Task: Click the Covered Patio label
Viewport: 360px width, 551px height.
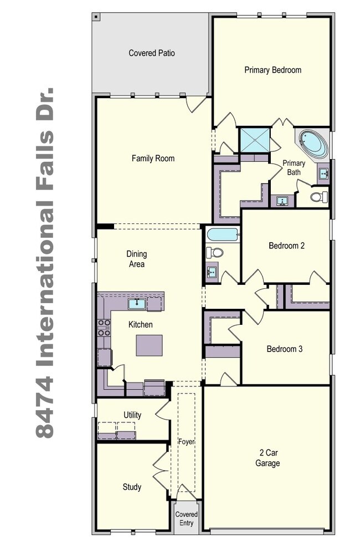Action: (x=152, y=53)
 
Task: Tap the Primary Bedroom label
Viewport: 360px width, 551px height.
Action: (x=273, y=70)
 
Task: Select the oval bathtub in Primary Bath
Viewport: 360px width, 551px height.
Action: (x=313, y=144)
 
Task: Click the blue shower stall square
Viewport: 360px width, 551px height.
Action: (x=255, y=140)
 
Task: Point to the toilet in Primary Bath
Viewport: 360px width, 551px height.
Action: (x=319, y=197)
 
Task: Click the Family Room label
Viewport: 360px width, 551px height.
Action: (x=153, y=159)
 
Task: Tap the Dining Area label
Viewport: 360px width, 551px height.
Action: (x=137, y=259)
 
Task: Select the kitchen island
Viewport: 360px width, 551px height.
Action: (x=150, y=345)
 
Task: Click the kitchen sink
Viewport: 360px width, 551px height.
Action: (x=137, y=304)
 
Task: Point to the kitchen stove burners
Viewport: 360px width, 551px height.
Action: (x=104, y=328)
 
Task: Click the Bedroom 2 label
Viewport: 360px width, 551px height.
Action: (x=286, y=246)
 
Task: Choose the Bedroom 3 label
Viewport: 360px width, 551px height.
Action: (x=285, y=349)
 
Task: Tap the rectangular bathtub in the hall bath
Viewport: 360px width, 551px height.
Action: (x=223, y=234)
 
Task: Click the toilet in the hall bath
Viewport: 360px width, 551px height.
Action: (x=214, y=252)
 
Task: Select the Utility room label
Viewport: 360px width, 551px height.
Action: (x=132, y=415)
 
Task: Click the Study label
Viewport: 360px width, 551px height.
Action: (x=132, y=487)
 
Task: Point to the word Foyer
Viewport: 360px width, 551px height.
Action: (x=186, y=442)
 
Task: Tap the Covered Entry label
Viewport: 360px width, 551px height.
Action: (x=187, y=519)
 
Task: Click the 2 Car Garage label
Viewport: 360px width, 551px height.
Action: (x=268, y=458)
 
